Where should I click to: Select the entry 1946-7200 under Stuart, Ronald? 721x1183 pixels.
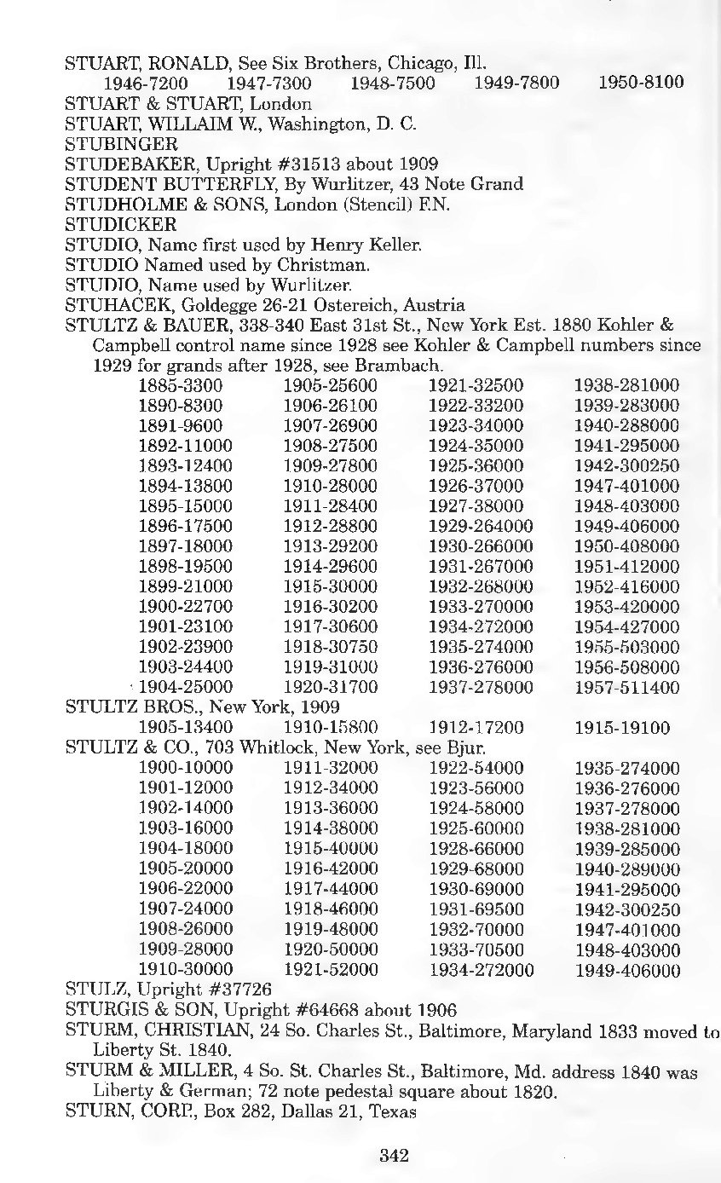click(146, 84)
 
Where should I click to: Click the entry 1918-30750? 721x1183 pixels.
click(330, 647)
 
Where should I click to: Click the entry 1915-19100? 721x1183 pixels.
click(622, 728)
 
